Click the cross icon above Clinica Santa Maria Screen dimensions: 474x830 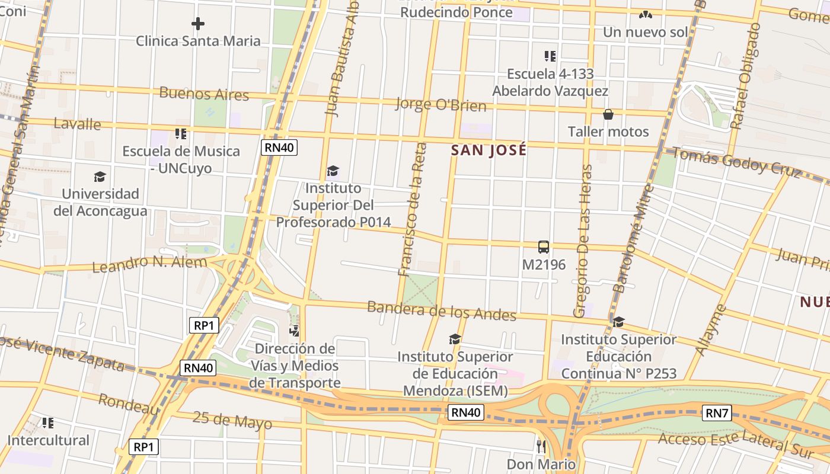pyautogui.click(x=198, y=24)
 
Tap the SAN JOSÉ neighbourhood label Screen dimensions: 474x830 pyautogui.click(x=489, y=150)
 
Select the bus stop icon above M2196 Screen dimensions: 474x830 pyautogui.click(x=543, y=247)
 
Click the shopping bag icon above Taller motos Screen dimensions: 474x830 pyautogui.click(x=608, y=114)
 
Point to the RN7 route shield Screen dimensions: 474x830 pyautogui.click(x=716, y=413)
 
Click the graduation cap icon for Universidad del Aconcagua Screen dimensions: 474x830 pyautogui.click(x=100, y=177)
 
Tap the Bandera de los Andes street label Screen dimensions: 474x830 pyautogui.click(x=441, y=310)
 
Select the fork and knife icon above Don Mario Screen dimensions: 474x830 pyautogui.click(x=541, y=446)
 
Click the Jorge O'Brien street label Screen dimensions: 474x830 pyautogui.click(x=440, y=105)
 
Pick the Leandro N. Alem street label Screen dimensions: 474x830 pyautogui.click(x=149, y=264)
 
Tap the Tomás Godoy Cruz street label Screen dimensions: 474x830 pyautogui.click(x=735, y=161)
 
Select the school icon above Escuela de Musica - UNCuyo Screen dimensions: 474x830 pyautogui.click(x=181, y=134)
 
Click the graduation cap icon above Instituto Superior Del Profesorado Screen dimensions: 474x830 pyautogui.click(x=333, y=171)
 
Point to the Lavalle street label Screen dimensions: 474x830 pyautogui.click(x=77, y=124)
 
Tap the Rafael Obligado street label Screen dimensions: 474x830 pyautogui.click(x=745, y=76)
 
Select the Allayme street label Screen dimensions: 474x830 pyautogui.click(x=710, y=330)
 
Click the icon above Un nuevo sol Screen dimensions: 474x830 pyautogui.click(x=646, y=14)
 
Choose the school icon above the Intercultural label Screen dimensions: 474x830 pyautogui.click(x=48, y=423)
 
